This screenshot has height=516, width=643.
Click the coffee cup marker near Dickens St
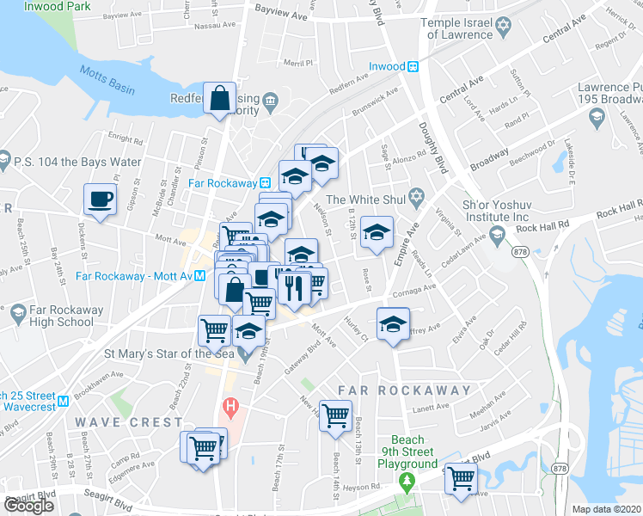click(100, 200)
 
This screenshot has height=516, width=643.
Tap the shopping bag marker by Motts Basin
click(220, 99)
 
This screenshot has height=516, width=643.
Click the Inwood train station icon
click(413, 66)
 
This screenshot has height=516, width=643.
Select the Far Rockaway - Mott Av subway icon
click(199, 276)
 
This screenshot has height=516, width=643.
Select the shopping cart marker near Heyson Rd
click(462, 478)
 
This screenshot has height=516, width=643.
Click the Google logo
click(28, 506)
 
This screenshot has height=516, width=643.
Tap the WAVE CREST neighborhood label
click(128, 422)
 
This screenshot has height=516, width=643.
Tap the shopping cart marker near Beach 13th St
click(335, 417)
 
